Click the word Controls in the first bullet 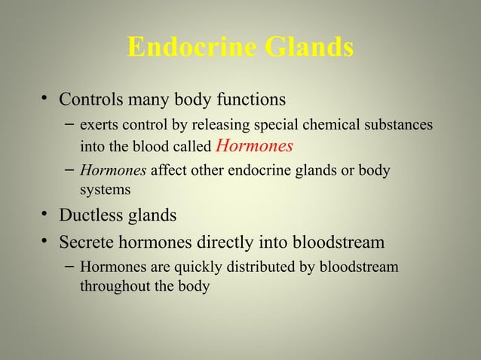[x=93, y=99]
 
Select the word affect [x=169, y=171]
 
